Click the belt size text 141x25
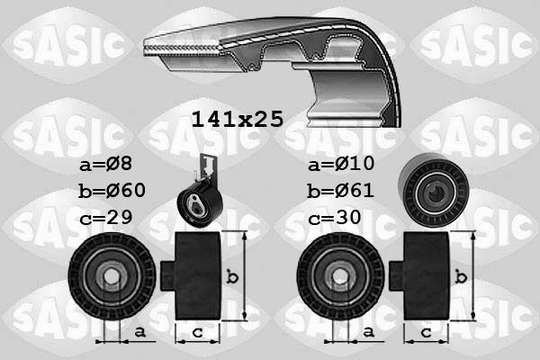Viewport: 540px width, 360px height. tap(238, 118)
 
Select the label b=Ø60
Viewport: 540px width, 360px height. tap(113, 192)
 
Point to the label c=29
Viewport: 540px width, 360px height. tap(105, 219)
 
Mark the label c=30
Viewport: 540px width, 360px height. tap(334, 219)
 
